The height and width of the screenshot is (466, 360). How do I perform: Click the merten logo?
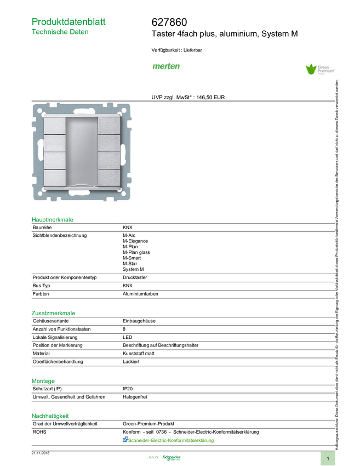click(x=166, y=66)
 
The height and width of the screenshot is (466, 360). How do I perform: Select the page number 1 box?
click(x=328, y=458)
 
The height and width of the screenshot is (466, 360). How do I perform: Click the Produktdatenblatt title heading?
click(x=68, y=21)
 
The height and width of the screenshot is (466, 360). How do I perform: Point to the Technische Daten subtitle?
click(x=60, y=32)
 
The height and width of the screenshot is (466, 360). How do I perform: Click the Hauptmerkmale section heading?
click(x=53, y=219)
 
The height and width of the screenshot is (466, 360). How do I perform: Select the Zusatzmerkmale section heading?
click(x=54, y=313)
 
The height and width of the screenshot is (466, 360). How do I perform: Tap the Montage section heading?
click(x=43, y=380)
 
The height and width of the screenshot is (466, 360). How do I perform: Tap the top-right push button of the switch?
click(x=108, y=126)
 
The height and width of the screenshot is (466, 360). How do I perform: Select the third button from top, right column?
click(x=108, y=160)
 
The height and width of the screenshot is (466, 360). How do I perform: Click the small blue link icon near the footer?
click(x=124, y=439)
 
